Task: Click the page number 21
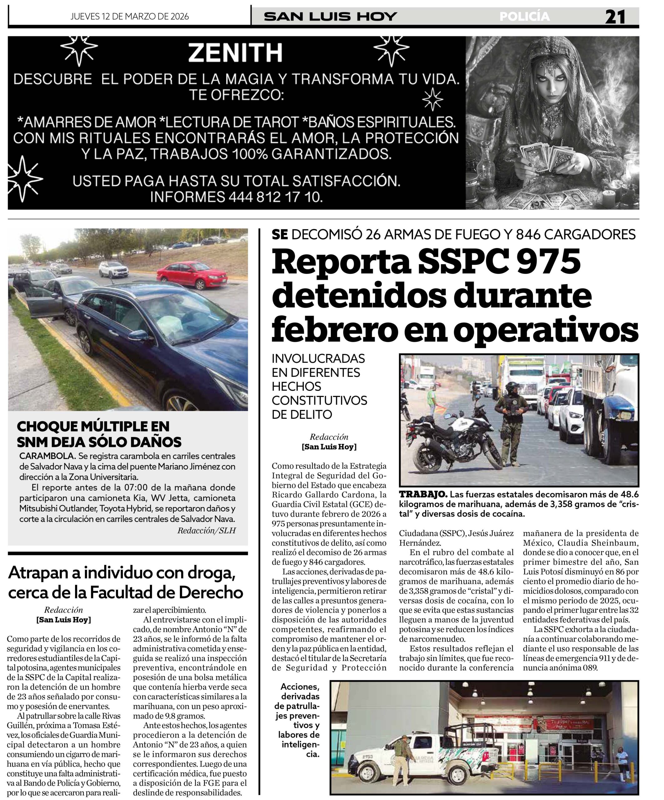click(x=615, y=17)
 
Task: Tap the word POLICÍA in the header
click(x=525, y=17)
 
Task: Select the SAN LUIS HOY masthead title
click(x=330, y=17)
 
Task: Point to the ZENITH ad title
click(x=235, y=52)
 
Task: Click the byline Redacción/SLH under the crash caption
click(x=206, y=530)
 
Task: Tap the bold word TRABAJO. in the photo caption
click(x=423, y=494)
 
